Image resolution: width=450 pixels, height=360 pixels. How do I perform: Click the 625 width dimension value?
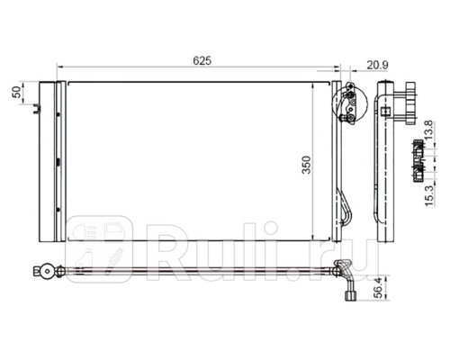[202, 60]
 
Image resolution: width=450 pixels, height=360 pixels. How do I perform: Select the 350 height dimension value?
[306, 165]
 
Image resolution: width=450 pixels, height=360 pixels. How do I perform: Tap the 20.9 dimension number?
[377, 65]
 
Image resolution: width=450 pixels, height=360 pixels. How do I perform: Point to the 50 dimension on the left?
[17, 92]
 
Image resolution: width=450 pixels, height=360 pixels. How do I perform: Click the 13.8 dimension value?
[429, 130]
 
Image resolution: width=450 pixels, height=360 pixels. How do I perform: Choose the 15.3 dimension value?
[429, 195]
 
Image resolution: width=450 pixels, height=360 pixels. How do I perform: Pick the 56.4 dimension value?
[379, 288]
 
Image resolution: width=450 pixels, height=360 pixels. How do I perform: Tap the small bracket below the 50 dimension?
[37, 109]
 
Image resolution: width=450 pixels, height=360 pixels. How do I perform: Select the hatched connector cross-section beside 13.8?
[418, 161]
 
